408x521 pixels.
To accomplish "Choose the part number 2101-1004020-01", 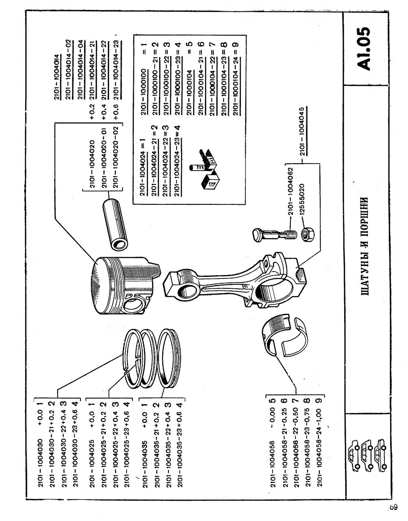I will click(105, 163).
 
